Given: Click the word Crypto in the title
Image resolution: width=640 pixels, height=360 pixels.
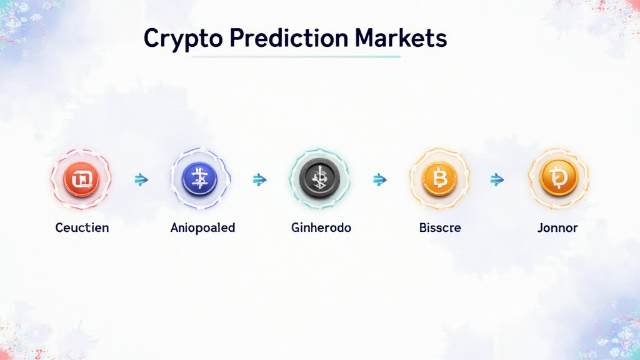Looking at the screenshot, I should pos(182,39).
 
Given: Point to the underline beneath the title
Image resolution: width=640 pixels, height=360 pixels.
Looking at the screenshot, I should pos(296,57).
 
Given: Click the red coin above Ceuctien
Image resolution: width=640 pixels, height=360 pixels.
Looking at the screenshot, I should pos(81,179).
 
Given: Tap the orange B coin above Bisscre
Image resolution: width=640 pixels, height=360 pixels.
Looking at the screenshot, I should pos(440,179).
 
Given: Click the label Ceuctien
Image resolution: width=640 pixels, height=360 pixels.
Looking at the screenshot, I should pos(82,227).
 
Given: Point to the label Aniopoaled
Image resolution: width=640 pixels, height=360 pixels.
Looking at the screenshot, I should pos(202,227).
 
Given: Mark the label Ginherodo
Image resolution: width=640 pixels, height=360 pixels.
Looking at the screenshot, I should pos(321,227).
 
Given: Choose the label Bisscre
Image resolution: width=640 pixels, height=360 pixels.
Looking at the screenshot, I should pos(440,227).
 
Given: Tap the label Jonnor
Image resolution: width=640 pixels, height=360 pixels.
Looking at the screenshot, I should pos(557,227).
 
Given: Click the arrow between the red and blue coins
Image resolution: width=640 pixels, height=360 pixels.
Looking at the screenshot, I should pos(141,180).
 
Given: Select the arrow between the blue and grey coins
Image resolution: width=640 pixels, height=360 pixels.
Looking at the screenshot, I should pos(259,180).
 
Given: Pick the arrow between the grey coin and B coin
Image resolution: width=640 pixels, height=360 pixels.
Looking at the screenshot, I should pos(379,180).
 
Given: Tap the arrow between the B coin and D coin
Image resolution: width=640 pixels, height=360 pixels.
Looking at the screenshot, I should pos(497,180).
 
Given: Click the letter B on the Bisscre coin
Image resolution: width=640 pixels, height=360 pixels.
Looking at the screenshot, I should pos(440,180).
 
